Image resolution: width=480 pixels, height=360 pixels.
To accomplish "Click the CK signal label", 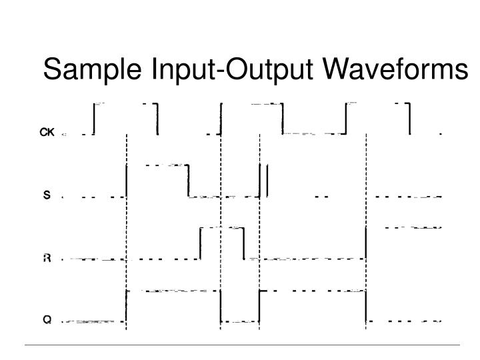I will (x=46, y=133).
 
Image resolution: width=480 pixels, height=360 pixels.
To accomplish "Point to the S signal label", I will (x=47, y=196).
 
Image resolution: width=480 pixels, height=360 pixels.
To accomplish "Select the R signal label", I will (x=47, y=259).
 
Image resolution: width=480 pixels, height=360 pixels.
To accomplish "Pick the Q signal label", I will (x=47, y=320).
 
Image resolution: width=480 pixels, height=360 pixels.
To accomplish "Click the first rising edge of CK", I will (x=95, y=119).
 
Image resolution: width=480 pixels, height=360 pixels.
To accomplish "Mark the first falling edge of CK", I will (x=157, y=119).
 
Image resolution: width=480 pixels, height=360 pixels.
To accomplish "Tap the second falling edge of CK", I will (x=283, y=119).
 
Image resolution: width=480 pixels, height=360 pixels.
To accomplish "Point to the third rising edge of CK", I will (x=347, y=119).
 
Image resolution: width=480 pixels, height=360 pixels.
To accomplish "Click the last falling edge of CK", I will (x=409, y=119).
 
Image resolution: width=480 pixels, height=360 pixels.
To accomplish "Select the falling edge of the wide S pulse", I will (x=188, y=181).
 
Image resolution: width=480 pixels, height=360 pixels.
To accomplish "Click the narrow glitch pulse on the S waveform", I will (x=264, y=181).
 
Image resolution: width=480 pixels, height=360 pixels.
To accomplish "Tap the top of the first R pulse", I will (x=221, y=228).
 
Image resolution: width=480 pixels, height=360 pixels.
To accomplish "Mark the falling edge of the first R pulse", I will (x=243, y=243).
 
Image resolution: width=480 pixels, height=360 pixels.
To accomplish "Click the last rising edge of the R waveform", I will (x=366, y=243).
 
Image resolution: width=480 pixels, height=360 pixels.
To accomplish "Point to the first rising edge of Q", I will (x=126, y=307).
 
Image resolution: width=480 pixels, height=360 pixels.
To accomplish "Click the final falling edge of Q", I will (x=366, y=307).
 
